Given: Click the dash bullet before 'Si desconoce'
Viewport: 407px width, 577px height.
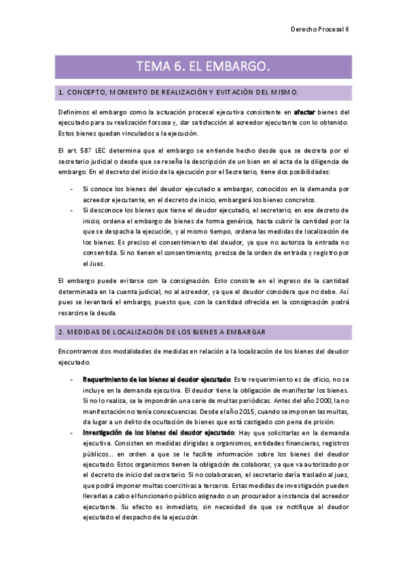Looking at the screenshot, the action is tap(72, 211).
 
